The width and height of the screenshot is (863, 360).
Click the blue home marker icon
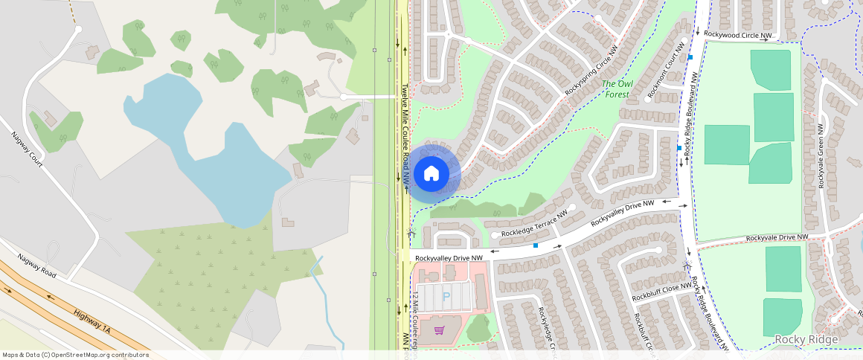pyautogui.click(x=431, y=174)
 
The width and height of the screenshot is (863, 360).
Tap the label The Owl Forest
pyautogui.click(x=617, y=89)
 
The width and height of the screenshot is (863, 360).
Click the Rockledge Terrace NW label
pyautogui.click(x=533, y=228)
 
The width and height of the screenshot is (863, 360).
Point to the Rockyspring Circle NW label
pyautogui.click(x=591, y=72)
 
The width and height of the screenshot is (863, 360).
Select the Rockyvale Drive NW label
pyautogui.click(x=777, y=237)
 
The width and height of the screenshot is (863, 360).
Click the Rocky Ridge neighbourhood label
pyautogui.click(x=806, y=340)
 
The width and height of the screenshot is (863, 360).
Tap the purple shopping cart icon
pyautogui.click(x=440, y=330)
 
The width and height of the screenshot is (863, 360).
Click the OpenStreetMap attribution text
pyautogui.click(x=75, y=355)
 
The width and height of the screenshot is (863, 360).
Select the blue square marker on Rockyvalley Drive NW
pyautogui.click(x=536, y=245)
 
